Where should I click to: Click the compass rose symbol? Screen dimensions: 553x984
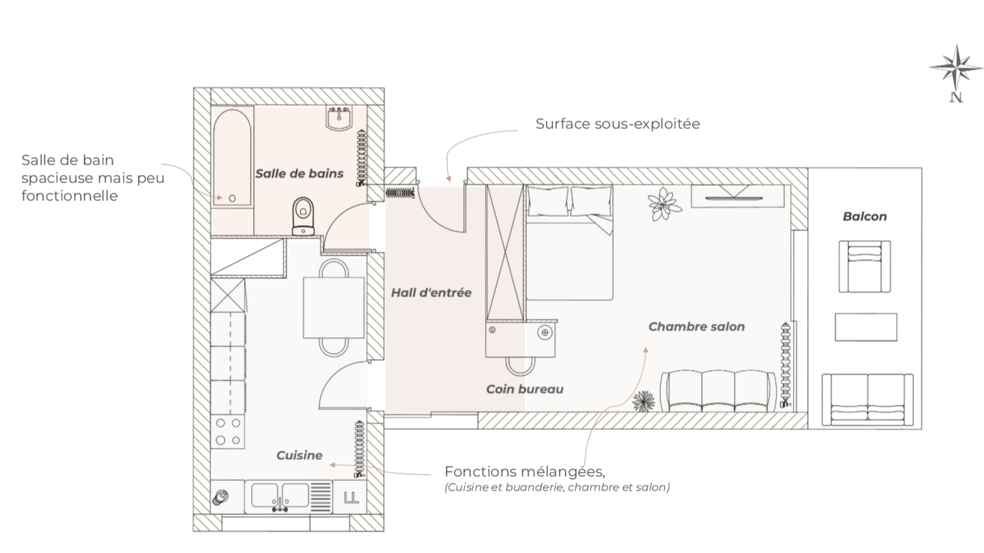[955, 68]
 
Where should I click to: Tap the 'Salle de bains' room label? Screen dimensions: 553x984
[299, 174]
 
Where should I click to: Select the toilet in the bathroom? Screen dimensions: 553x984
[303, 215]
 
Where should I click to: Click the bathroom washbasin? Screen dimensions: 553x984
[339, 119]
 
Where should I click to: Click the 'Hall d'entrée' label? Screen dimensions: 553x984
[431, 293]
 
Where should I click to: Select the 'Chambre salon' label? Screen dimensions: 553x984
[696, 327]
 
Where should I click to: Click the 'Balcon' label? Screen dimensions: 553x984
[865, 217]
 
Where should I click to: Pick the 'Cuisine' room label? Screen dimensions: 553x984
[299, 455]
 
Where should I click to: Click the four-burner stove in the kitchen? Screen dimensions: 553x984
[229, 432]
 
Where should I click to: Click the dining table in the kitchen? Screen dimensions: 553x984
[334, 307]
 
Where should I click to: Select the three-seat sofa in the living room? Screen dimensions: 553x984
[718, 391]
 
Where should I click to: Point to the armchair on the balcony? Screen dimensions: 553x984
[865, 266]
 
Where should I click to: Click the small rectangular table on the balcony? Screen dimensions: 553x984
[865, 327]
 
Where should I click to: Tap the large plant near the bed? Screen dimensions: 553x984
[664, 204]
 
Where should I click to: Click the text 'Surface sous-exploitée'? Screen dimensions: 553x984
[617, 124]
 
